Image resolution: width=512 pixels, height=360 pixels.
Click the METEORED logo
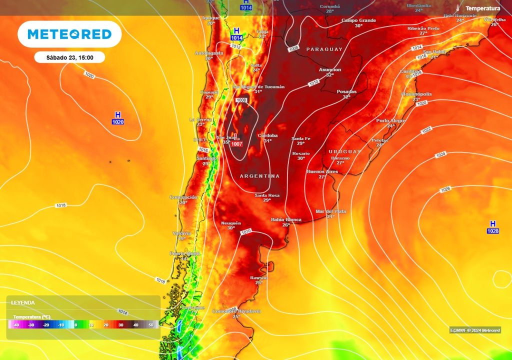pos(69,34)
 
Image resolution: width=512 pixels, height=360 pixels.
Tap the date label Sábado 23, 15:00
pos(69,57)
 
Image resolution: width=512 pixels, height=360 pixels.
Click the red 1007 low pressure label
pos(237,144)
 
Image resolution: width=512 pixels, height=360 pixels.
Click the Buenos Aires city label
pos(322,171)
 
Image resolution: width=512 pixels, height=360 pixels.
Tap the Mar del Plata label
pos(330,211)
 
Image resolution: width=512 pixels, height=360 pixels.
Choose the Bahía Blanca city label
pos(286,219)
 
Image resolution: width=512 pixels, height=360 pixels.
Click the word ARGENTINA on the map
pos(259,176)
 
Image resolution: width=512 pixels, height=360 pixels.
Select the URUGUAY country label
pos(344,151)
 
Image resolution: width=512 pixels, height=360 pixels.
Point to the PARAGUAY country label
pos(324,49)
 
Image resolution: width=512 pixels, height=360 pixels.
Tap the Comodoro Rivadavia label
pos(236,311)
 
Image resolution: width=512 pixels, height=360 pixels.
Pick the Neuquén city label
pos(231,223)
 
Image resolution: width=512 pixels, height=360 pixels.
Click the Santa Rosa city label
pos(267,195)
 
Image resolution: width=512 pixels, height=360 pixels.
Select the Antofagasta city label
pos(208,53)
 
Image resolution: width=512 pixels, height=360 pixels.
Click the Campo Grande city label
pos(358,20)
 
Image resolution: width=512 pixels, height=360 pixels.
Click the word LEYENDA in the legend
pos(23,303)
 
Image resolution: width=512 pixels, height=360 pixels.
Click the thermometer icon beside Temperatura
pos(457,8)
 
